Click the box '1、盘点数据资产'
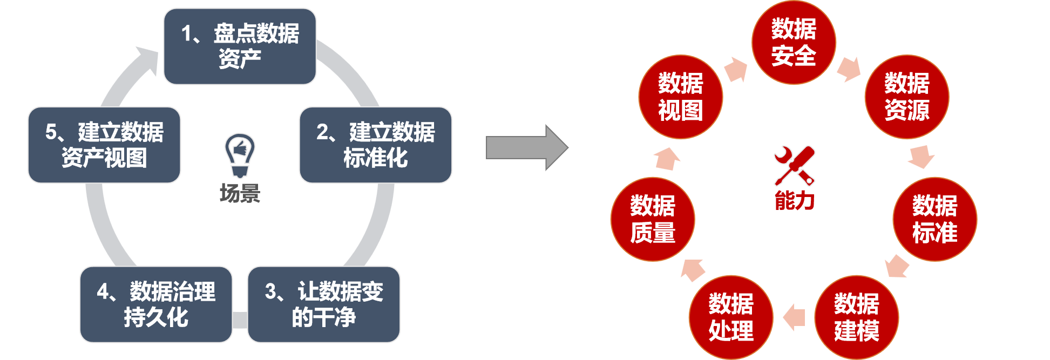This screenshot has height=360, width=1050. coord(240,46)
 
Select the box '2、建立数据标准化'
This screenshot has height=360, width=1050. coord(375,145)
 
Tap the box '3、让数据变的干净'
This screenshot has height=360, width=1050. coord(324,304)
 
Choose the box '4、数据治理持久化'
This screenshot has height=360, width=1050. coord(156,304)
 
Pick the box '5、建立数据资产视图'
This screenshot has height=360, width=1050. coord(104,145)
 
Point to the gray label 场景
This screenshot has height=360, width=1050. coord(240,193)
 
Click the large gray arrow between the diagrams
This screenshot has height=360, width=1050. coord(526,147)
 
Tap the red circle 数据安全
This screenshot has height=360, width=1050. coord(794,43)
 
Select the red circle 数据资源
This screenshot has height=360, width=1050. coord(907,97)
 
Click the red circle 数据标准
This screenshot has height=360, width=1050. coord(935,219)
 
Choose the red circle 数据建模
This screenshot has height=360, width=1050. coord(857,317)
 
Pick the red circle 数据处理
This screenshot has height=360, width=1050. coord(731,317)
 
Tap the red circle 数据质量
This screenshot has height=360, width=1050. coord(653,219)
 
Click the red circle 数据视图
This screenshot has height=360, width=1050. coord(681,97)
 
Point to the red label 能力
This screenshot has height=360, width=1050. coord(794,200)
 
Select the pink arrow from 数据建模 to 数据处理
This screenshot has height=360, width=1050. coord(794,317)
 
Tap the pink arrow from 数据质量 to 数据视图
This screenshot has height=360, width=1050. coord(667,159)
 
